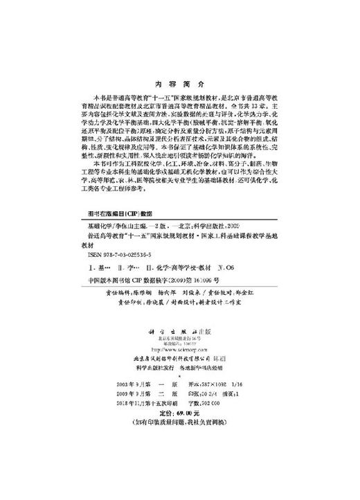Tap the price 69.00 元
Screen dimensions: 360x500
tap(187, 447)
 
